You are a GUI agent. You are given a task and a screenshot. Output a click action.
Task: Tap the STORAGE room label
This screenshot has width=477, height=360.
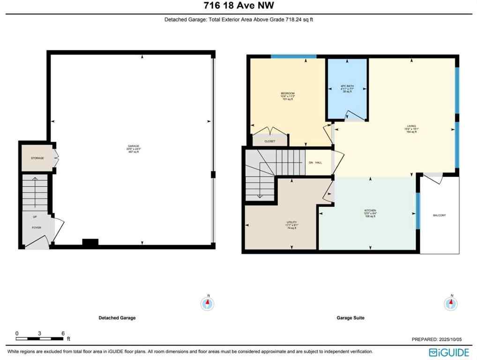pyautogui.click(x=37, y=158)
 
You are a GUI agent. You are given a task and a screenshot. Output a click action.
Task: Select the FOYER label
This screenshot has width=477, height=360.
pyautogui.click(x=37, y=228)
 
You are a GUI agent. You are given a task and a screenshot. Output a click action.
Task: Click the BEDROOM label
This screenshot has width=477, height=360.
pyautogui.click(x=287, y=94)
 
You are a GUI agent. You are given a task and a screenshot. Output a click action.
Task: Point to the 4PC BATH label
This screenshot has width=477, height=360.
pyautogui.click(x=347, y=86)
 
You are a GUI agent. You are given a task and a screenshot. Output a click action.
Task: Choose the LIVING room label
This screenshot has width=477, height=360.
pyautogui.click(x=411, y=126)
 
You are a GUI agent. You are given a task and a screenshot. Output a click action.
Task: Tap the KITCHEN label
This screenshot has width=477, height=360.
pyautogui.click(x=370, y=210)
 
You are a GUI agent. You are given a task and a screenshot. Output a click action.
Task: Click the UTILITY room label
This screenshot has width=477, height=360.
pyautogui.click(x=292, y=222)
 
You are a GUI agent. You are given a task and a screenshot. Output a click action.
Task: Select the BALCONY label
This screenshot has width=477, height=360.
pyautogui.click(x=439, y=215)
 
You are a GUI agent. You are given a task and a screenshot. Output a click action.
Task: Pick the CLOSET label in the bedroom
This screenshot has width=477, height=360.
pyautogui.click(x=270, y=141)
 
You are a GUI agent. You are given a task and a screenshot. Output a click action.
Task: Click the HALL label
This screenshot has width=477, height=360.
pyautogui.click(x=319, y=163)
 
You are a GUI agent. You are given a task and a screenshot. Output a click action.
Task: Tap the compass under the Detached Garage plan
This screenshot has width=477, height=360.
pyautogui.click(x=208, y=303)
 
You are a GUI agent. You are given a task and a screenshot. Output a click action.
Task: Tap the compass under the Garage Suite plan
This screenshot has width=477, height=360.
pyautogui.click(x=451, y=303)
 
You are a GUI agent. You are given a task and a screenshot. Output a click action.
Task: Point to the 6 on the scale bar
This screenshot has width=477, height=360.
pyautogui.click(x=63, y=333)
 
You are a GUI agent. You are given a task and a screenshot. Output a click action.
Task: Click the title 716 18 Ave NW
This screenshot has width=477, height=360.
pyautogui.click(x=238, y=6)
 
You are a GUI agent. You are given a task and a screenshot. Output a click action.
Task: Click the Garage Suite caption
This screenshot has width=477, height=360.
pyautogui.click(x=350, y=318)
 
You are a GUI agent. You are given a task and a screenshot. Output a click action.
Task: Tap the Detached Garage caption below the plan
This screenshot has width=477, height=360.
pyautogui.click(x=117, y=318)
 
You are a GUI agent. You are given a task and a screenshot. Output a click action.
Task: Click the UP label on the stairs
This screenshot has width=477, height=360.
pyautogui.click(x=35, y=217)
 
